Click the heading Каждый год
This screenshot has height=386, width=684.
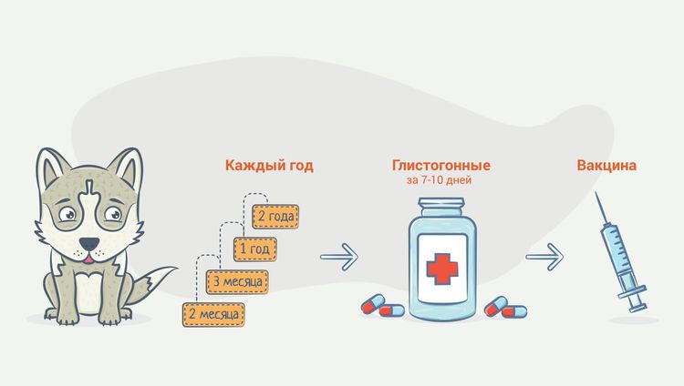pos(269,166)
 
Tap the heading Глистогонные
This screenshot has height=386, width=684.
pos(441,166)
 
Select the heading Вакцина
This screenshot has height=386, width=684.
pos(606,166)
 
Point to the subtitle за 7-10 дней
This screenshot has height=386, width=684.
pos(439,180)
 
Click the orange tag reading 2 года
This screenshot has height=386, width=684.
pos(275,217)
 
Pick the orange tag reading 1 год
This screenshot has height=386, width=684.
pos(255,249)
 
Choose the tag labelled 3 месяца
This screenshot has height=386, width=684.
pos(237,282)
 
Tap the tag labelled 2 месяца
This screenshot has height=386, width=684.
pos(213,315)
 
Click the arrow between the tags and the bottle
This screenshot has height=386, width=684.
pos(339,257)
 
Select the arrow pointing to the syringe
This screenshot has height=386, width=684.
pos(544,257)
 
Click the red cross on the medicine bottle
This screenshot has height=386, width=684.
pos(442,267)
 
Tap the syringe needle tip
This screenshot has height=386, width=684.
pos(596,193)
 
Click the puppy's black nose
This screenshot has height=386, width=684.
pos(89,244)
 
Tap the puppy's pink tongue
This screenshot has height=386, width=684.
pos(88,259)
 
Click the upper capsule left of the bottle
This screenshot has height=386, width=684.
pos(373,304)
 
